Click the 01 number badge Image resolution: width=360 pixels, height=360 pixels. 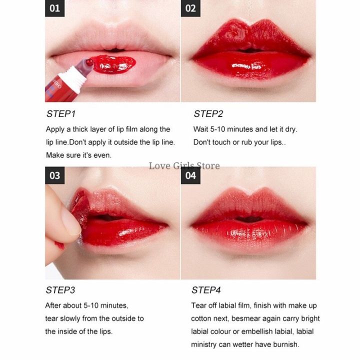click(55, 8)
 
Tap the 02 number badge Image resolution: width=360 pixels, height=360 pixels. click(190, 8)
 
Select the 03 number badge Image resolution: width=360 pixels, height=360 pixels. click(55, 175)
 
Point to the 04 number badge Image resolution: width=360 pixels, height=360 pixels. click(190, 175)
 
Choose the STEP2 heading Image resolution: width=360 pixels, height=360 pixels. click(208, 114)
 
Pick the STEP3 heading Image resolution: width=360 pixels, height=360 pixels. click(60, 290)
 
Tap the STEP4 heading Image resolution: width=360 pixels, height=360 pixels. click(206, 290)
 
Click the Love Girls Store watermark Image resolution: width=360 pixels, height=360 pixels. click(184, 165)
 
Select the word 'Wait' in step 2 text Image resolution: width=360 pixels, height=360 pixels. click(201, 129)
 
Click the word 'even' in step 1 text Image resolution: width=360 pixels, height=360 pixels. click(102, 155)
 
